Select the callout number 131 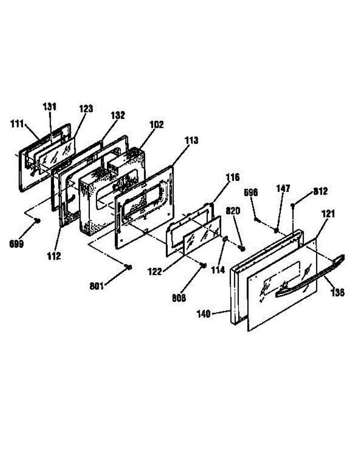point(50,107)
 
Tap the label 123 point(86,109)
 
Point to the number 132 point(118,115)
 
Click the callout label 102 point(156,125)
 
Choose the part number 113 point(191,141)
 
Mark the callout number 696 point(251,193)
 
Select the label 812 point(320,192)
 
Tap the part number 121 point(328,214)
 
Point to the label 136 point(338,292)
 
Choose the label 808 point(178,298)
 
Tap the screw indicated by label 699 point(38,221)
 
